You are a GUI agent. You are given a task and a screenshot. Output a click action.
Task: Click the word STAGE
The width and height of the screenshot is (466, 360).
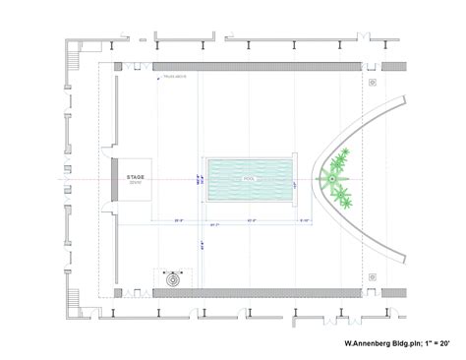coord(135,177)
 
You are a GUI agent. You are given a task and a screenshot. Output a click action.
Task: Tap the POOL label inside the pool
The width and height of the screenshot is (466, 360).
coord(249,181)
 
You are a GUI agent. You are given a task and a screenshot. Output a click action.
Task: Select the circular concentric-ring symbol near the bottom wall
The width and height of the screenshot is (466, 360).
coord(174,278)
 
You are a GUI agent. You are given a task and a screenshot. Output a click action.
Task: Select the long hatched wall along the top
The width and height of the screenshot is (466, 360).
coord(256,67)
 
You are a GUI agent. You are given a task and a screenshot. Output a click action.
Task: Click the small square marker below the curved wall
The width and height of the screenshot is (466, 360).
coord(373,277)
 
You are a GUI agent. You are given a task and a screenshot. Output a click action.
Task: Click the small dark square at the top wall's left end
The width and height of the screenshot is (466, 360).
coord(117,67)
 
